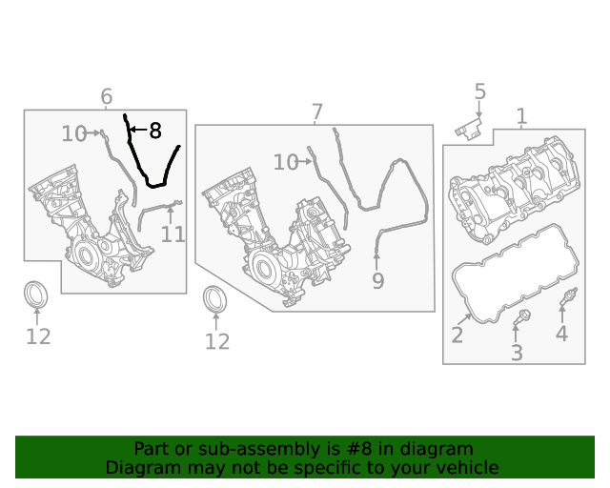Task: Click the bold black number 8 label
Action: tap(155, 131)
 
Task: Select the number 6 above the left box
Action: tap(107, 96)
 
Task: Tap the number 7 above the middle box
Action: tap(317, 112)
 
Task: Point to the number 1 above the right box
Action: tap(521, 116)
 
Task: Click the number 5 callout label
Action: tap(480, 91)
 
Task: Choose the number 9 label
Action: tap(377, 280)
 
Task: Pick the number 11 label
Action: tap(173, 234)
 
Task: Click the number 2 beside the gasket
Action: tap(457, 335)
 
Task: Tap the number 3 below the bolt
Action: tap(517, 353)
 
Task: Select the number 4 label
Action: tap(561, 334)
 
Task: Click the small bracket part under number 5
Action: tap(469, 129)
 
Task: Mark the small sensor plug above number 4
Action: tap(568, 296)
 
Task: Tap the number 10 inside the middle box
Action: tap(286, 162)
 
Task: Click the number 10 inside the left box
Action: tap(74, 133)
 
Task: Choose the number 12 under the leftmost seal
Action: tap(38, 336)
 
